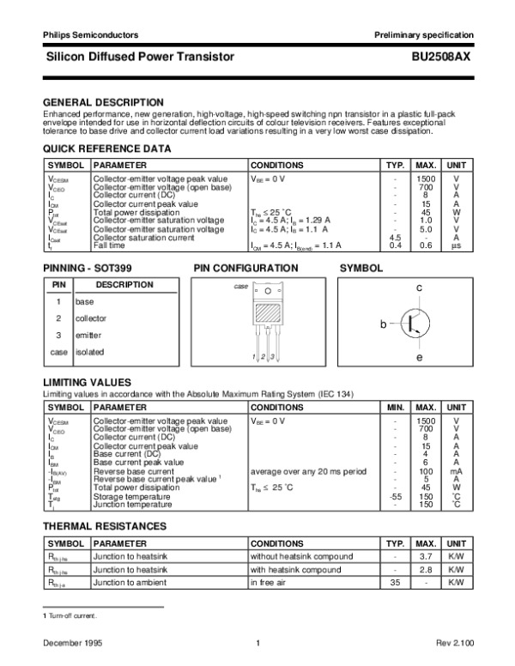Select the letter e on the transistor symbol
(x=419, y=357)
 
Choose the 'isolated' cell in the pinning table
(x=89, y=352)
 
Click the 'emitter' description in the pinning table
(x=88, y=335)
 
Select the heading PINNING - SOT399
(x=88, y=269)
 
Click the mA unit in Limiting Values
(x=457, y=471)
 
